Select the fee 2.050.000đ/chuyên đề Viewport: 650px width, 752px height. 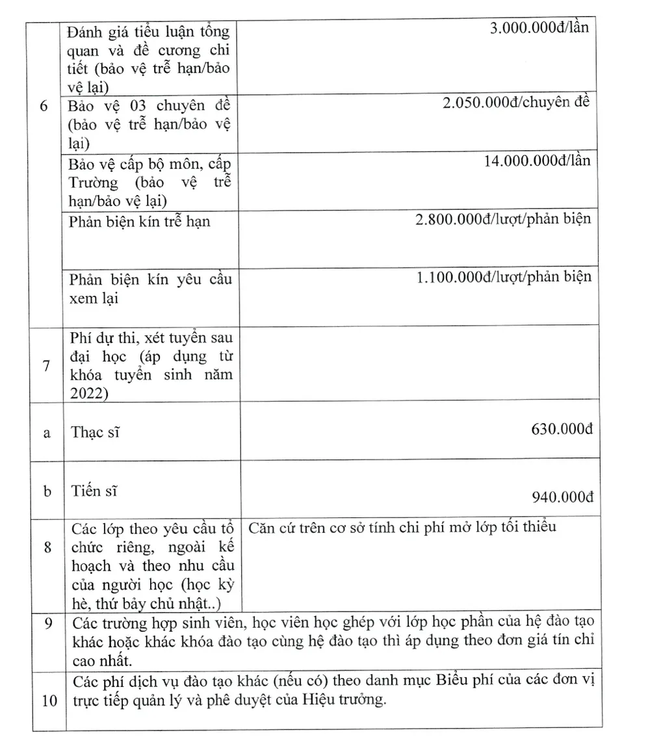(516, 103)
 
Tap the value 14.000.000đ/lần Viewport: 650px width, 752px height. (537, 161)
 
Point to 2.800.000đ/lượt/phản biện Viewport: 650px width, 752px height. (503, 218)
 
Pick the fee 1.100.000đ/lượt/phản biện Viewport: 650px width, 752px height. (504, 277)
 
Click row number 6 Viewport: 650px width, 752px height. (44, 106)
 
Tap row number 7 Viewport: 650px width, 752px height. (46, 365)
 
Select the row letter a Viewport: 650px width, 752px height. (46, 433)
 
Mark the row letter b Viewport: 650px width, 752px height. (47, 491)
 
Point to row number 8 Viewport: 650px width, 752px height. (47, 547)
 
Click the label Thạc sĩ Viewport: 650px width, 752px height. (95, 432)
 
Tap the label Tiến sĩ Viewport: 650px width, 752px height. (95, 491)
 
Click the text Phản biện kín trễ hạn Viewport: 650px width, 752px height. (140, 222)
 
